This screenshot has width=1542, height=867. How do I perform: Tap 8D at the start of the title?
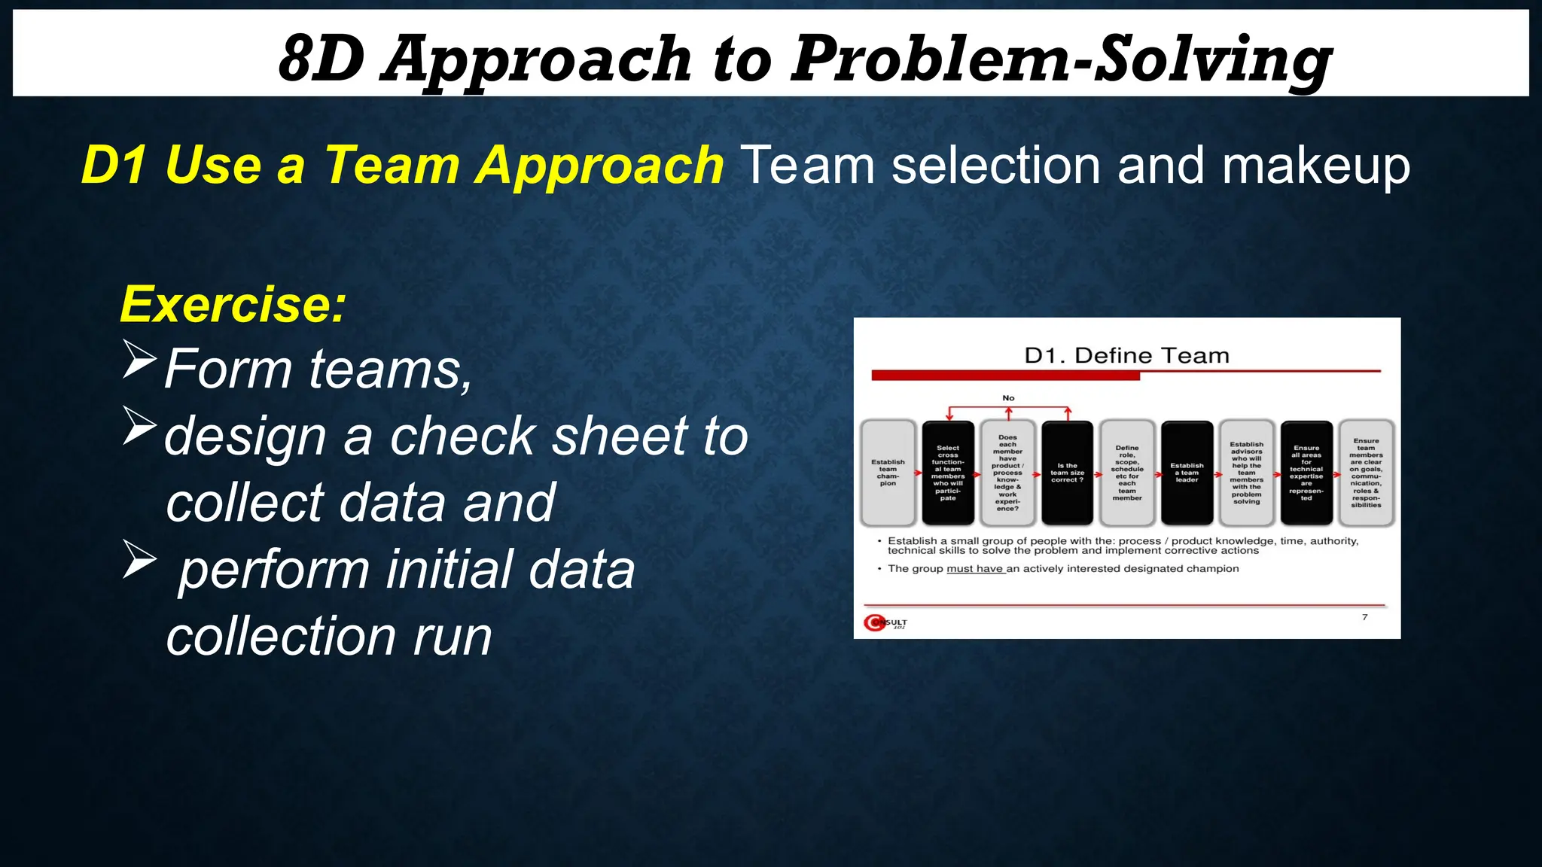click(x=322, y=60)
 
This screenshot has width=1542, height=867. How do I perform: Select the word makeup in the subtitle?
click(x=1315, y=166)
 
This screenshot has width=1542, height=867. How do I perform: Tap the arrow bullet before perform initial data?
click(x=139, y=560)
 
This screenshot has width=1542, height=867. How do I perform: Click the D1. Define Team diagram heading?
click(x=1126, y=355)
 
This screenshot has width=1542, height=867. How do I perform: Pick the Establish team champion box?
click(x=888, y=473)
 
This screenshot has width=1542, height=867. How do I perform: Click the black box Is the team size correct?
click(x=1067, y=473)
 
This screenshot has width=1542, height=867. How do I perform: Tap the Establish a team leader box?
click(x=1187, y=473)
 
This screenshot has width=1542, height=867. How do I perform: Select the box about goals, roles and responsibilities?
click(x=1366, y=473)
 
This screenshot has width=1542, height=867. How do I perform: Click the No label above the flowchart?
click(x=1008, y=398)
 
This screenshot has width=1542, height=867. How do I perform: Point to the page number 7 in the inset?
click(x=1364, y=617)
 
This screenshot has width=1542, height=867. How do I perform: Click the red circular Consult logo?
click(x=875, y=623)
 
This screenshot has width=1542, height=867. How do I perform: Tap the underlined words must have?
click(x=974, y=569)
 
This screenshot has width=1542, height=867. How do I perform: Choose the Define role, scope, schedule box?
click(x=1126, y=473)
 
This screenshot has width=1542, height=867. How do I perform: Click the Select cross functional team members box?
click(x=947, y=473)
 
